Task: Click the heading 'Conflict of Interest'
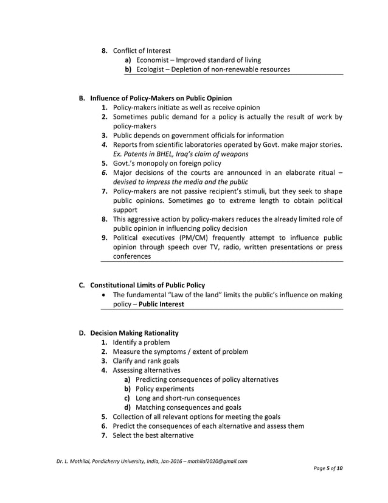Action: click(141, 51)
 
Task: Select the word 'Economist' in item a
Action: click(152, 60)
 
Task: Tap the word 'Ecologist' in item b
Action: click(151, 69)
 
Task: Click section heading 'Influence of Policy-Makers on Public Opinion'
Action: click(161, 98)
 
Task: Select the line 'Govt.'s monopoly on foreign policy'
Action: click(167, 163)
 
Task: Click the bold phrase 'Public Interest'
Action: click(161, 304)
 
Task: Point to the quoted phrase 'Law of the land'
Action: click(197, 295)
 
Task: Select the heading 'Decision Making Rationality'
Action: click(134, 333)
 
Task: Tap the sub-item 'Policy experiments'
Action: click(165, 389)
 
